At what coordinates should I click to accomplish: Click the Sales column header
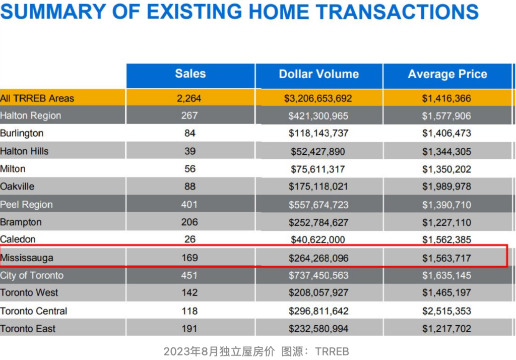pyautogui.click(x=190, y=74)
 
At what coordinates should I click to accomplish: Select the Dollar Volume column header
pyautogui.click(x=319, y=74)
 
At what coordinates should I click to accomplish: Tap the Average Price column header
pyautogui.click(x=447, y=74)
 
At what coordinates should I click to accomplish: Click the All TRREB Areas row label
pyautogui.click(x=37, y=98)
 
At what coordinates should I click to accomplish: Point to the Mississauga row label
pyautogui.click(x=27, y=258)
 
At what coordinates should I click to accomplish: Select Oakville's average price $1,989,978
pyautogui.click(x=446, y=187)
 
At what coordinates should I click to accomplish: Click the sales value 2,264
pyautogui.click(x=189, y=98)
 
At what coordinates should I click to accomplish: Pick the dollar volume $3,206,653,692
pyautogui.click(x=318, y=98)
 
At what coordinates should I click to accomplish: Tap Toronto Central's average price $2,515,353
pyautogui.click(x=446, y=311)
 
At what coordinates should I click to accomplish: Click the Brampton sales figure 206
pyautogui.click(x=189, y=222)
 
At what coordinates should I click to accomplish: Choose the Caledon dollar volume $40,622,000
pyautogui.click(x=318, y=240)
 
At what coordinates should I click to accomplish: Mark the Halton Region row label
pyautogui.click(x=31, y=116)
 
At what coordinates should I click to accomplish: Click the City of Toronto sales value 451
pyautogui.click(x=189, y=276)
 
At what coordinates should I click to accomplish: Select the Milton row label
pyautogui.click(x=13, y=169)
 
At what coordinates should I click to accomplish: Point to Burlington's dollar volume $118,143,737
pyautogui.click(x=318, y=134)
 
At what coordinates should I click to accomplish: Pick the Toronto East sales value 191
pyautogui.click(x=189, y=329)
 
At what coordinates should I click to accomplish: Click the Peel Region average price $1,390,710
pyautogui.click(x=446, y=205)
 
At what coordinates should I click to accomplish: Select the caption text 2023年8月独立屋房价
pyautogui.click(x=219, y=351)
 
